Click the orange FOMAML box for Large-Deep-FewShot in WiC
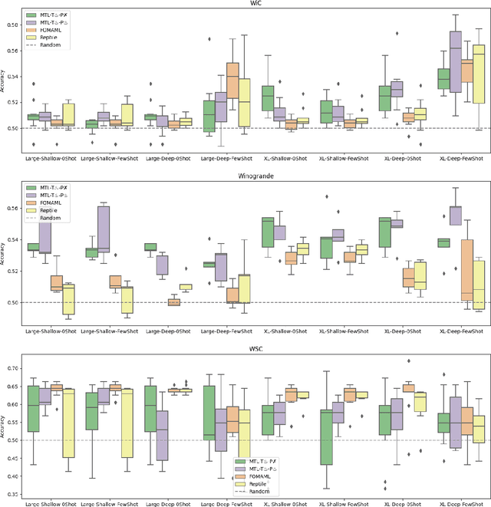click(232, 81)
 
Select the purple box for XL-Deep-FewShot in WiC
click(433, 61)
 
